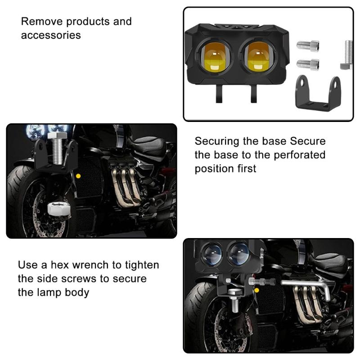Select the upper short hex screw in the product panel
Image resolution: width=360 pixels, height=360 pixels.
308,46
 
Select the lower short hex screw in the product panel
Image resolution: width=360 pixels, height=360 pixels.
308,64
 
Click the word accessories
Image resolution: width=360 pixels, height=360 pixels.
51,35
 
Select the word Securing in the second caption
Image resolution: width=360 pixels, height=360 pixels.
217,141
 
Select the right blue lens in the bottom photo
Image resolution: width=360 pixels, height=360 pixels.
238,253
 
